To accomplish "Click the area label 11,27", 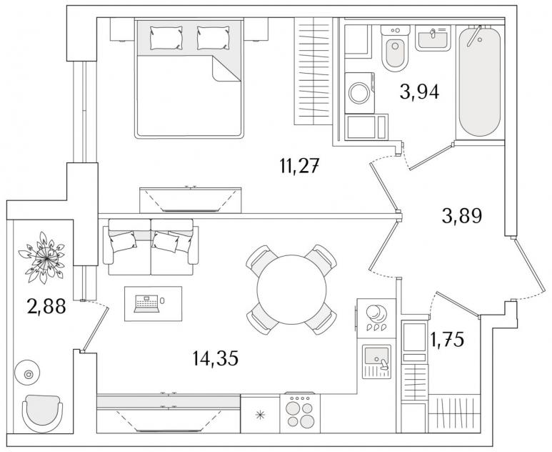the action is [300, 166].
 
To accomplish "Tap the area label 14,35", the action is [216, 358].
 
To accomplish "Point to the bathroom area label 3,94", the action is [419, 92].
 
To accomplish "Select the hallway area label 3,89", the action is [462, 216].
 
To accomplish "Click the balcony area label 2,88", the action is [46, 305].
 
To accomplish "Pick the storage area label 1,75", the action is [447, 340].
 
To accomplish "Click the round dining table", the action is [291, 290].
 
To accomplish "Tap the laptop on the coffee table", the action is [147, 304].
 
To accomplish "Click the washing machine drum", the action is [359, 93].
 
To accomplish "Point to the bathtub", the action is [479, 82].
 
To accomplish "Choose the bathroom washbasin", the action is [433, 39].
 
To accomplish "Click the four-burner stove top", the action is [300, 413].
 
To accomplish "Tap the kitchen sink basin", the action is [376, 355].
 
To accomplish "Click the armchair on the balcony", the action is [42, 413].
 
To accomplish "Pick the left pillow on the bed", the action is [166, 38].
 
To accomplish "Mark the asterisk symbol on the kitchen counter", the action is [260, 415].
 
